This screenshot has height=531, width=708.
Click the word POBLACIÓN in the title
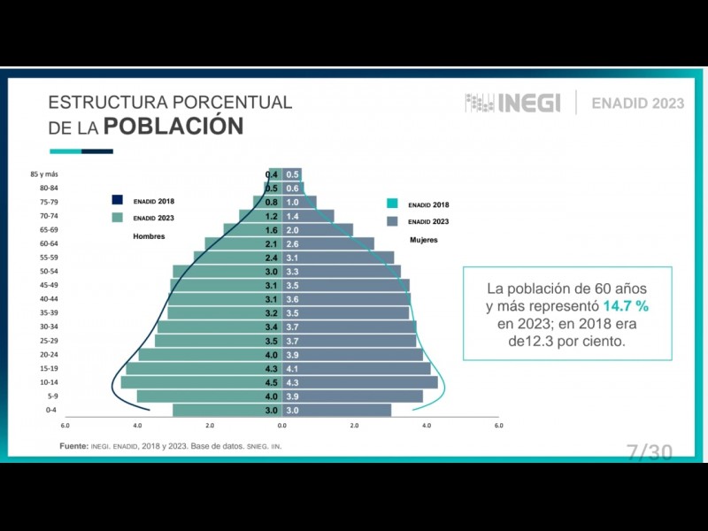[173, 126]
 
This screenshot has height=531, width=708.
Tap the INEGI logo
[513, 103]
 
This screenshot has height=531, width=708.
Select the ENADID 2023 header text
[637, 103]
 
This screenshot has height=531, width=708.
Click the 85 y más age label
[44, 174]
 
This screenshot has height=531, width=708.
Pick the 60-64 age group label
[49, 243]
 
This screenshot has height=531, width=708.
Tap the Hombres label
[149, 236]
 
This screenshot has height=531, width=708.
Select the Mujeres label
[423, 240]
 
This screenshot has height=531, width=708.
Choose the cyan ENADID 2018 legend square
[392, 204]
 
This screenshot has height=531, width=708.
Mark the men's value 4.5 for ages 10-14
[271, 382]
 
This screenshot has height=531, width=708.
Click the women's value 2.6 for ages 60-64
[292, 243]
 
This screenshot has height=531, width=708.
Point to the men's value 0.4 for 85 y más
[272, 174]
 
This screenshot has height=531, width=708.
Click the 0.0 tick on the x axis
[281, 426]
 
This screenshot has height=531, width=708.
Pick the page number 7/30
[649, 452]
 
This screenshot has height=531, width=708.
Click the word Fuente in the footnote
[73, 446]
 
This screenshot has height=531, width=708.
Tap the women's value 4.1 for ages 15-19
[292, 368]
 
